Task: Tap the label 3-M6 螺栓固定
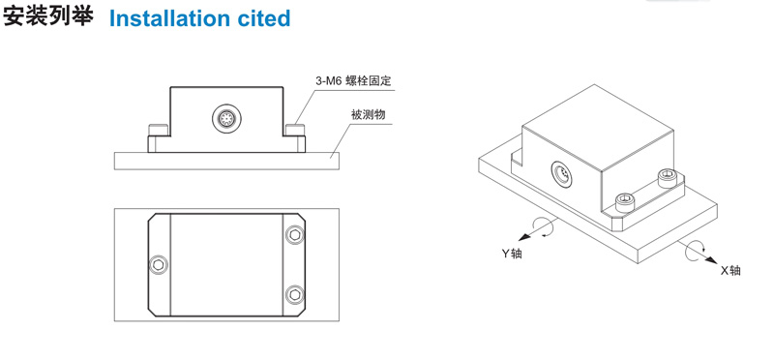[x=353, y=80]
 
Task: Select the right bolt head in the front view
[x=296, y=130]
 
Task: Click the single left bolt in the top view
[x=159, y=265]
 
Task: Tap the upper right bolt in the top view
[x=295, y=234]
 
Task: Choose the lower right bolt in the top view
[x=295, y=295]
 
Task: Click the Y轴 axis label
[x=512, y=254]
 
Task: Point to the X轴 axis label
[x=730, y=270]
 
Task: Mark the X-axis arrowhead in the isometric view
[x=710, y=260]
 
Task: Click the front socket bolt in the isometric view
[x=624, y=201]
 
